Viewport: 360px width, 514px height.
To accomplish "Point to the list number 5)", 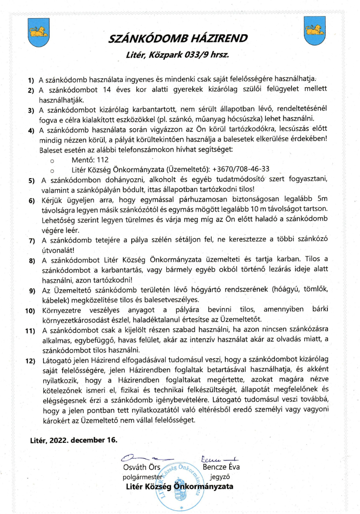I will click(x=32, y=181).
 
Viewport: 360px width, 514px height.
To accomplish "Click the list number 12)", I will click(x=30, y=362).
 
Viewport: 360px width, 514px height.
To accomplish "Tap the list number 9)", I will click(x=32, y=291).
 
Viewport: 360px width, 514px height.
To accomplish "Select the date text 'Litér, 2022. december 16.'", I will click(x=73, y=440).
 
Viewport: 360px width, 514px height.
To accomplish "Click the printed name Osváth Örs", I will click(x=141, y=467).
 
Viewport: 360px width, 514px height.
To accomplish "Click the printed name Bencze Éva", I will click(x=222, y=467).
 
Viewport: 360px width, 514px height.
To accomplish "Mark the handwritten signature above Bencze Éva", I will click(x=219, y=458).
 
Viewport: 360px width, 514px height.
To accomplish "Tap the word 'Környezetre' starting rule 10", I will click(x=61, y=309).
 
